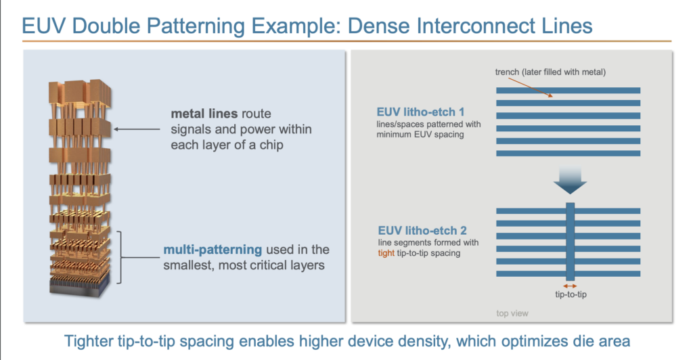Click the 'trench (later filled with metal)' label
point(550,72)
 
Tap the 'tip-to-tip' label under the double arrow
point(571,294)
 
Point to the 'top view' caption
point(512,313)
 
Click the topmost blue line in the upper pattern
point(568,90)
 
